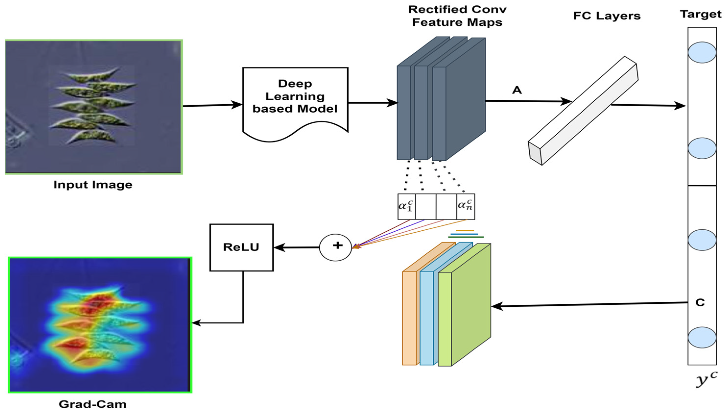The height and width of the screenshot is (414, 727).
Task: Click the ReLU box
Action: click(241, 247)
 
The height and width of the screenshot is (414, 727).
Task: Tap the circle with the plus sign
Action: click(335, 247)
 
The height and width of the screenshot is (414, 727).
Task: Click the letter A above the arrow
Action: click(517, 90)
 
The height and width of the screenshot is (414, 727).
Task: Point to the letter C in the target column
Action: click(700, 303)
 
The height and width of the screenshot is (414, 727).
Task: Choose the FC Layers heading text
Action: click(607, 16)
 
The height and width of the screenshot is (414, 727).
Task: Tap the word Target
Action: click(701, 14)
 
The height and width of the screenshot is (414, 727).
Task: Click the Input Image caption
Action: click(93, 185)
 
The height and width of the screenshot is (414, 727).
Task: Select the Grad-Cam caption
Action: click(93, 404)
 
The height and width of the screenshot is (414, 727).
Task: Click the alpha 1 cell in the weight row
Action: click(406, 206)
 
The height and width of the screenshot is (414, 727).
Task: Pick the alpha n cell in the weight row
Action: click(465, 206)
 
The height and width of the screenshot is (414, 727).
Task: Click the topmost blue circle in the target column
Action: click(702, 52)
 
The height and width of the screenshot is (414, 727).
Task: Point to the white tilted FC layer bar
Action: click(583, 111)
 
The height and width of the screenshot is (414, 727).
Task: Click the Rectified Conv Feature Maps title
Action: click(457, 16)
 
